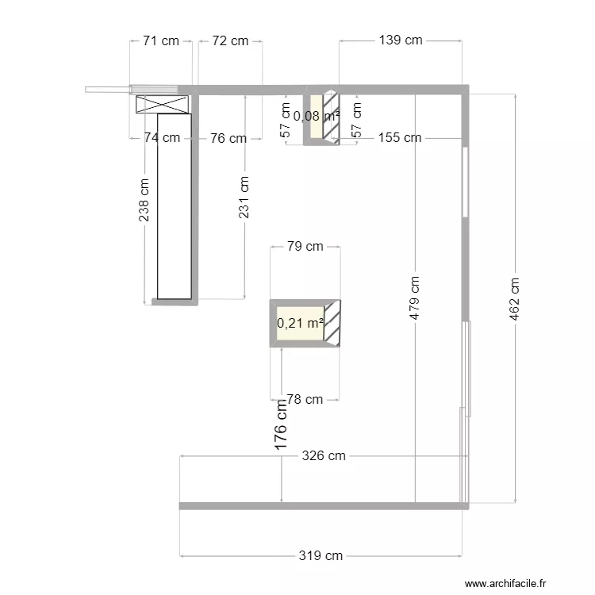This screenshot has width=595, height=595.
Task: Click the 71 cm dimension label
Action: (x=161, y=41)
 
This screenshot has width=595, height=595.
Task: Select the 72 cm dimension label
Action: (x=230, y=41)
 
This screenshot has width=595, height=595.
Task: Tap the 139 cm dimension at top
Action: (x=401, y=41)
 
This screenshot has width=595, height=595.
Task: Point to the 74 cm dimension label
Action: (x=161, y=138)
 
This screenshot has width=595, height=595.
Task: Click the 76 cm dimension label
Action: (x=228, y=138)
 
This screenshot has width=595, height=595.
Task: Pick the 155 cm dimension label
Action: (x=400, y=138)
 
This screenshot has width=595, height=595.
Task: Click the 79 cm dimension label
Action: (x=305, y=247)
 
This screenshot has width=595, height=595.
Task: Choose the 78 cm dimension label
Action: (x=305, y=399)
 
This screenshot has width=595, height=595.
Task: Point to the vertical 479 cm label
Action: (x=416, y=297)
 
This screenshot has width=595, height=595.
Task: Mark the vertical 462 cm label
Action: (x=516, y=297)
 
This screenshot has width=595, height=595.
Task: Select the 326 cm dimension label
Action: (x=324, y=456)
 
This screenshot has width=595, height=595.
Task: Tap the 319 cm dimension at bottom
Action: (x=321, y=556)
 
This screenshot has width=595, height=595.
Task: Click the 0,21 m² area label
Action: (x=300, y=324)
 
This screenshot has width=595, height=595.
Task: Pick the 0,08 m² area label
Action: (x=316, y=117)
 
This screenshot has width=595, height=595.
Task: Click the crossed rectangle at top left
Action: (x=163, y=103)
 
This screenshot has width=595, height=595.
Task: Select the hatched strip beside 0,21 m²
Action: (x=332, y=324)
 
